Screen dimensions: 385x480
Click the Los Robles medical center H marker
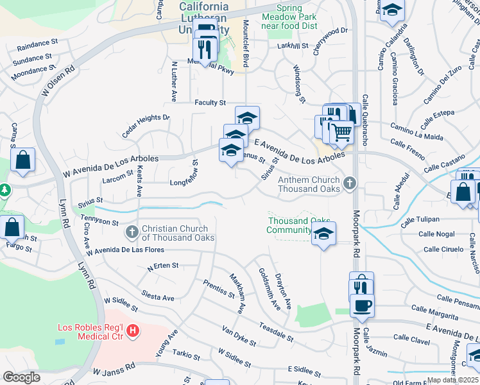click(x=133, y=331)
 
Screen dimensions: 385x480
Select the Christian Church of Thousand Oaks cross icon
click(x=132, y=231)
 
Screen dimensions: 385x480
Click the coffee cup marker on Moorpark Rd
click(x=363, y=306)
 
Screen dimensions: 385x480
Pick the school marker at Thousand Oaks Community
click(x=324, y=234)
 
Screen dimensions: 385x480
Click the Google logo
click(x=21, y=377)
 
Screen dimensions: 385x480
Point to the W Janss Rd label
click(x=114, y=370)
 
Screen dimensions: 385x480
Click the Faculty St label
click(x=210, y=103)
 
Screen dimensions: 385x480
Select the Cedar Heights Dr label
click(x=146, y=121)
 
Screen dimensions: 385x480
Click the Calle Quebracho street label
click(x=364, y=116)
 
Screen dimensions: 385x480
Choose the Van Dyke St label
click(x=239, y=336)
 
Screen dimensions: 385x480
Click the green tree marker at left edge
click(x=4, y=191)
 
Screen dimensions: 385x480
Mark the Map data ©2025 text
click(x=452, y=380)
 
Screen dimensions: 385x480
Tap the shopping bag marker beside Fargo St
click(x=12, y=227)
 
